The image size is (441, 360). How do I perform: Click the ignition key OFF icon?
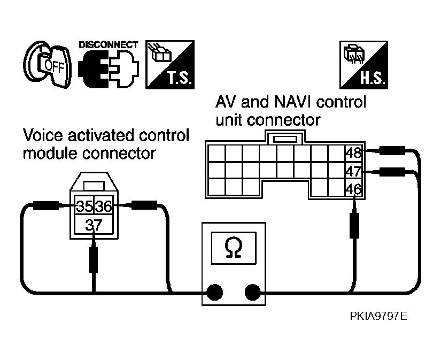click(x=47, y=65)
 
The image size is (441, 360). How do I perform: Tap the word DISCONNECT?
click(x=109, y=45)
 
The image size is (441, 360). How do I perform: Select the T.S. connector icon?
click(x=170, y=65)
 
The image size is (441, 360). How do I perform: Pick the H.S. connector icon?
click(x=363, y=65)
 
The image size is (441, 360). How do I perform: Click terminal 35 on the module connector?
click(x=84, y=206)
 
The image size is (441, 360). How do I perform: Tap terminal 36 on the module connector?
click(x=103, y=206)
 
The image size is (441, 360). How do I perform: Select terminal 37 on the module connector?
click(x=94, y=225)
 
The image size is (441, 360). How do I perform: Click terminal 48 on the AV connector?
click(x=354, y=153)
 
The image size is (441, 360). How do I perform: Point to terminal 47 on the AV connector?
click(x=354, y=171)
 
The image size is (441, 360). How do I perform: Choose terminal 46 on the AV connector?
click(x=354, y=189)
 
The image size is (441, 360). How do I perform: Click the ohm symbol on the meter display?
click(x=234, y=248)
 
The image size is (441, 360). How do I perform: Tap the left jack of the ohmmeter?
click(x=215, y=292)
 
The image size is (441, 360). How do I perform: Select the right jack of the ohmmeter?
click(x=252, y=292)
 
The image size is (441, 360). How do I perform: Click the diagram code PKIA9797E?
click(x=378, y=316)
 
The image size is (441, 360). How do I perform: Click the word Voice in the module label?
click(x=43, y=135)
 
